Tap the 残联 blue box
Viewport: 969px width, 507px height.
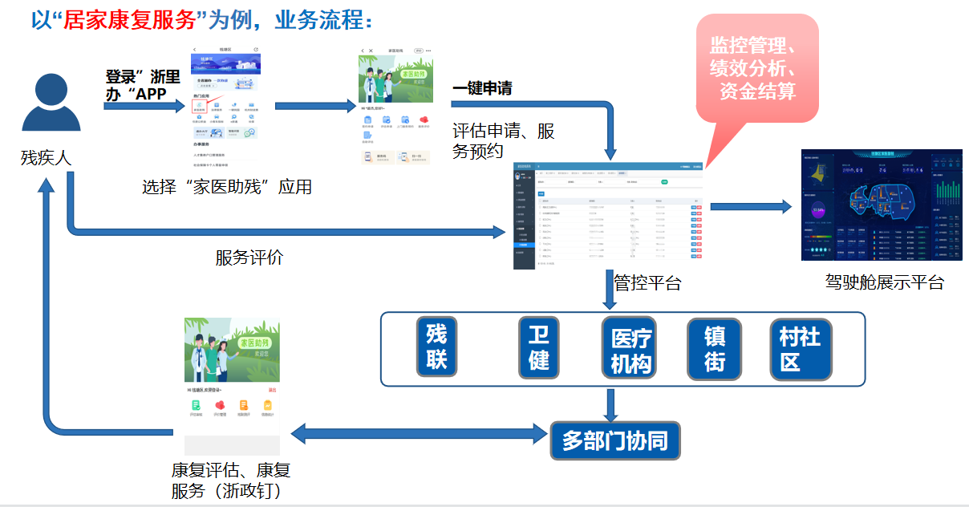click(436, 347)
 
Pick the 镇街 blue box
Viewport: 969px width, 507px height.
click(715, 348)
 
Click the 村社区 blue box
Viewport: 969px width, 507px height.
click(800, 348)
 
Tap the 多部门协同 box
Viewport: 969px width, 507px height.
click(614, 440)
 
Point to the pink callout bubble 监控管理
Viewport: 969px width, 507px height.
click(756, 69)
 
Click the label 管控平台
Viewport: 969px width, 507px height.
click(647, 282)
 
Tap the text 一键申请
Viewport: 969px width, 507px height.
click(482, 89)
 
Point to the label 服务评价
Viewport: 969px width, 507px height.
click(249, 258)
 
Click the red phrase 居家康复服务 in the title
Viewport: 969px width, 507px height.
click(131, 19)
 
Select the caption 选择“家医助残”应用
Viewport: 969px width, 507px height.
click(227, 188)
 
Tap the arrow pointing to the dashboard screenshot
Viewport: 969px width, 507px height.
click(751, 206)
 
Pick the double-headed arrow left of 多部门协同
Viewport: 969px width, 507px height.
click(419, 434)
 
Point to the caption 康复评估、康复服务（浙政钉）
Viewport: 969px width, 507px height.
click(230, 481)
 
